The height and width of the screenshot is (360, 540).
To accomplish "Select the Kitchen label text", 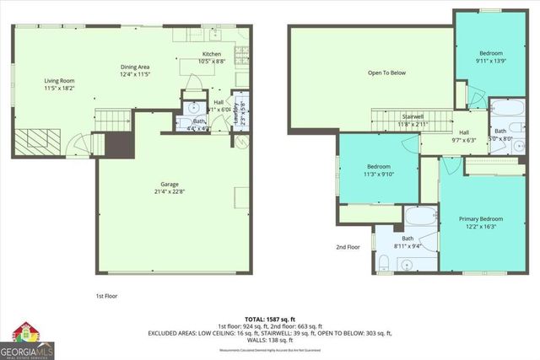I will tap(211, 54).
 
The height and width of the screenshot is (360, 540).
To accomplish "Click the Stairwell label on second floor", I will tap(413, 116).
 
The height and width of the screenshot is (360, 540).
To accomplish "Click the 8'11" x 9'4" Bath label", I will tap(408, 239).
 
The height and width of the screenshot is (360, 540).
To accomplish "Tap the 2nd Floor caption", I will tap(348, 247).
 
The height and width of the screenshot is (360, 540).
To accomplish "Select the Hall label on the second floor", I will tap(463, 132).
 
